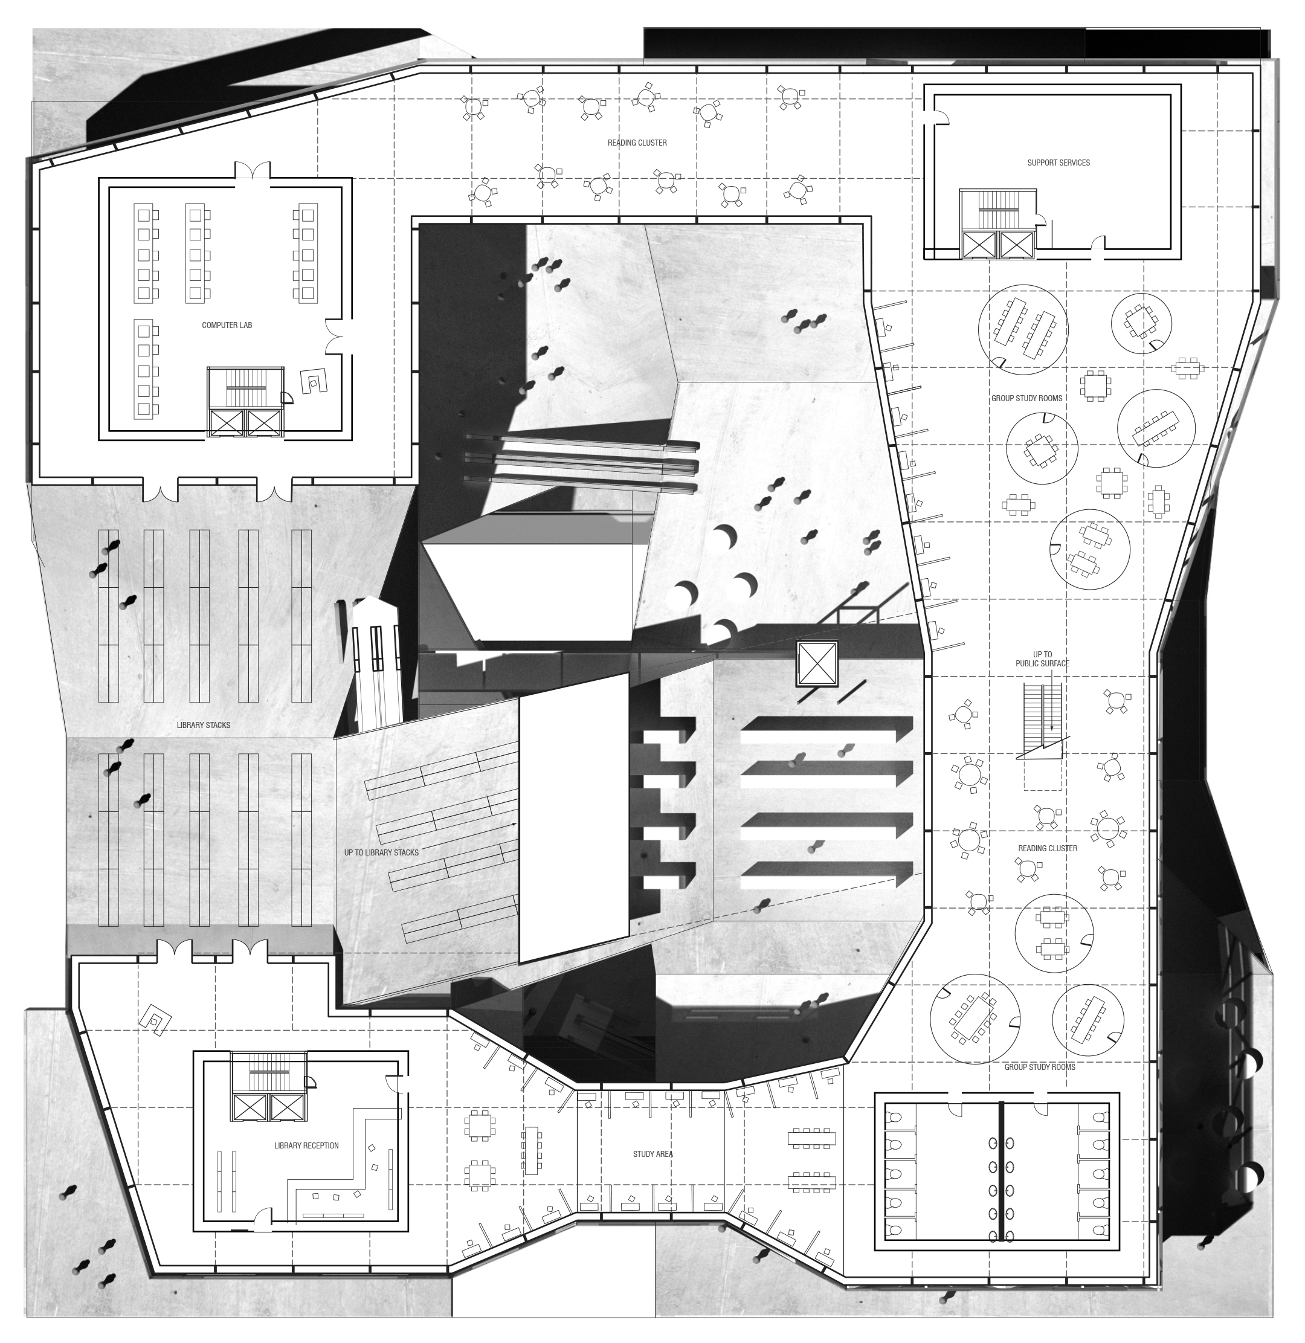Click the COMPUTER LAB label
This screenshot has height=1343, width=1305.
point(227,326)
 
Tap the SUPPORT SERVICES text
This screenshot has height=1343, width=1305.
point(1058,163)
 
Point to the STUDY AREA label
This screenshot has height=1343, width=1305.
point(652,1154)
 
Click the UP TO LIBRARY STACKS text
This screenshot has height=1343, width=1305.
point(381,852)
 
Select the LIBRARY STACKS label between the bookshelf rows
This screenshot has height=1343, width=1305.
point(204,725)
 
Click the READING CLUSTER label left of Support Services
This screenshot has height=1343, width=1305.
point(637,143)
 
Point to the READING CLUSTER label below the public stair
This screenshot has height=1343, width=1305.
point(1047,848)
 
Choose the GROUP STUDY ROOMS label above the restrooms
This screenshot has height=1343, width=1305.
point(1040,1067)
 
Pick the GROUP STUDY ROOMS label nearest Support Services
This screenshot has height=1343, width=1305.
point(1026,398)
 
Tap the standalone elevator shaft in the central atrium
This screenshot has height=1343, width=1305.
point(817,663)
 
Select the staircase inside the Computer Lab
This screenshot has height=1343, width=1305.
point(245,388)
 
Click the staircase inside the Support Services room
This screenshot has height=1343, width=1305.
point(995,210)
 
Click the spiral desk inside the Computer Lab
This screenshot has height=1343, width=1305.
point(315,381)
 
